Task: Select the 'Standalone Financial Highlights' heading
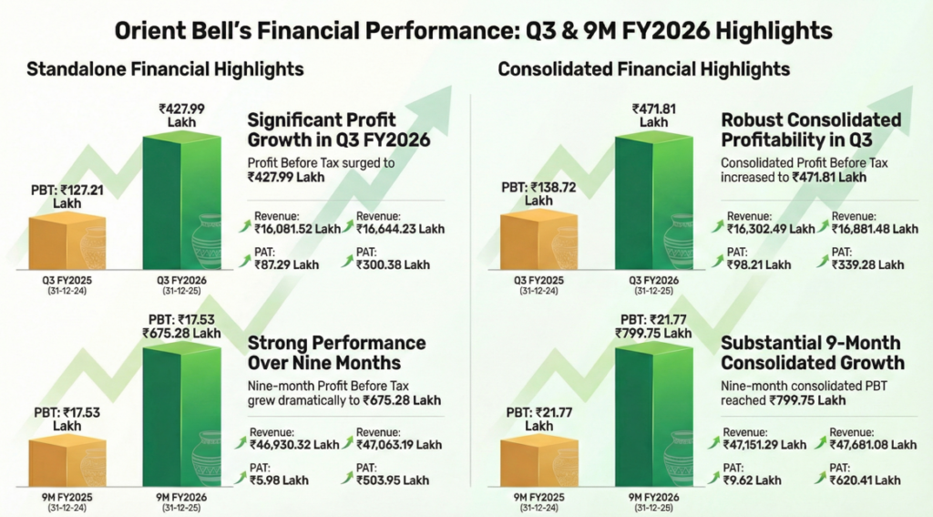tap(165, 69)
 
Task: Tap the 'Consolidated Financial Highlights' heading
tap(644, 69)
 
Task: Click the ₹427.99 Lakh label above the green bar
tap(181, 115)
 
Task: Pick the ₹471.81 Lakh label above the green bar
tap(653, 115)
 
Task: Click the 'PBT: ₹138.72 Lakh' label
tap(539, 193)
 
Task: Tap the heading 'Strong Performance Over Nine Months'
tap(337, 353)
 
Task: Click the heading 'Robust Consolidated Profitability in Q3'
tap(811, 129)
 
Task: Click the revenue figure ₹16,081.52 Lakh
tap(295, 230)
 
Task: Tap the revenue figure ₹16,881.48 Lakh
tap(875, 230)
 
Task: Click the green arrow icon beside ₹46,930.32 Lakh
tap(241, 444)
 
